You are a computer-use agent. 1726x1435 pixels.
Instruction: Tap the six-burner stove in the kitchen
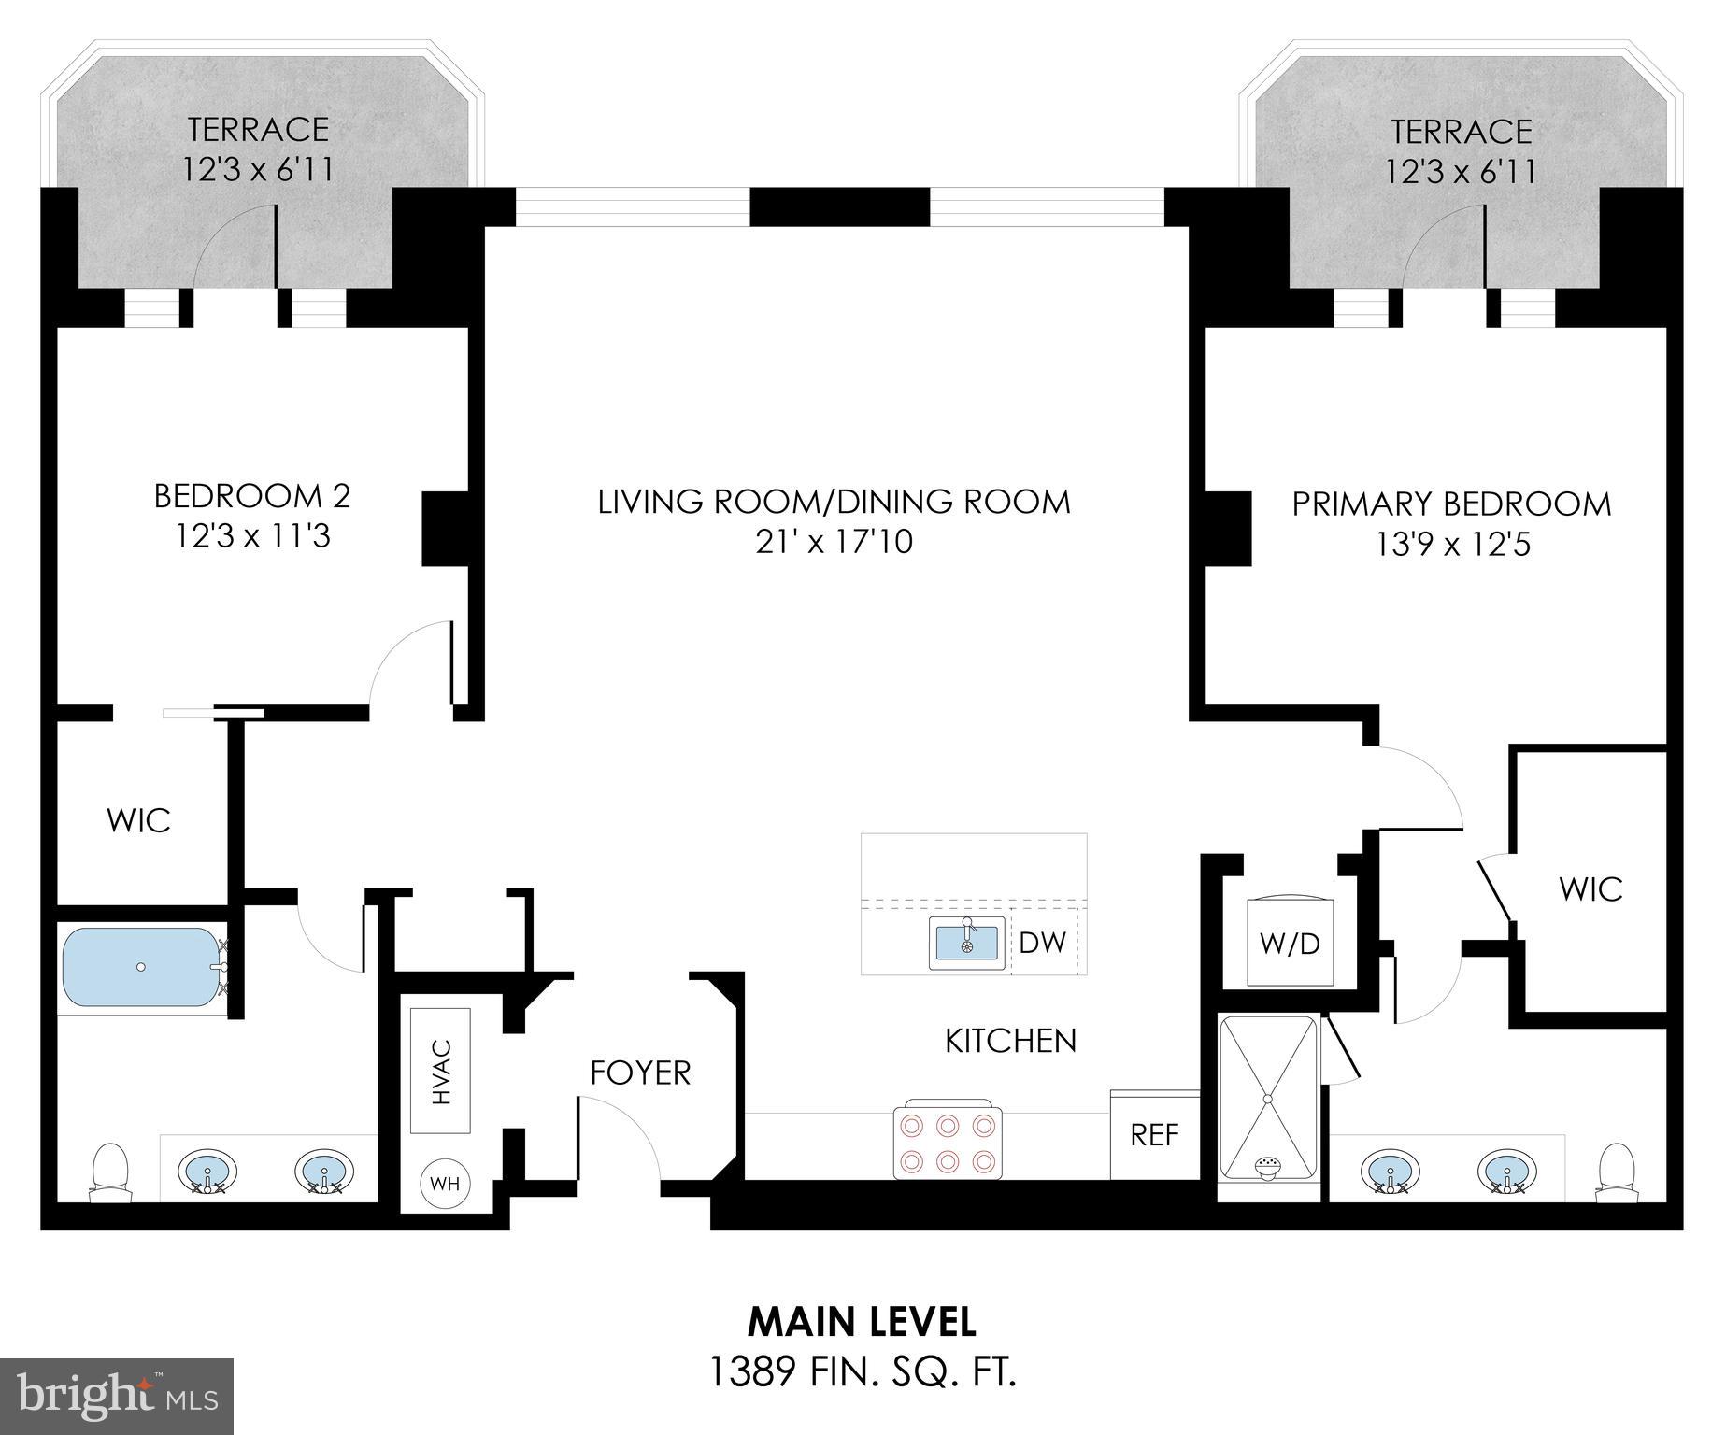click(x=948, y=1140)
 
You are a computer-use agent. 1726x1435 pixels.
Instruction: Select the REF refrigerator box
click(x=1154, y=1134)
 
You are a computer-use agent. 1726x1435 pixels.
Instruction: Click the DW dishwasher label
click(x=1042, y=943)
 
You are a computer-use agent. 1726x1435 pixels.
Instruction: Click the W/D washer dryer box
click(x=1290, y=943)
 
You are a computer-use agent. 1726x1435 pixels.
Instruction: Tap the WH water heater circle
click(x=445, y=1184)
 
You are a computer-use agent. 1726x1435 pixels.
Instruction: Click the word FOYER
click(x=640, y=1073)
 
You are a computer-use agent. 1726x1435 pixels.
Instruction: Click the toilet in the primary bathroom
click(x=1616, y=1172)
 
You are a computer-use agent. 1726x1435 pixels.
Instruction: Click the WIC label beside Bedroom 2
click(x=138, y=820)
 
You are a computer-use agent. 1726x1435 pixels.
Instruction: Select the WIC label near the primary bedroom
click(x=1590, y=888)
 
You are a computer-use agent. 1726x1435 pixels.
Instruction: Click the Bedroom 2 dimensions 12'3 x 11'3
click(x=252, y=537)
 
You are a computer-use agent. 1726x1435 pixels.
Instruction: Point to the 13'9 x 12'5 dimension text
click(x=1452, y=544)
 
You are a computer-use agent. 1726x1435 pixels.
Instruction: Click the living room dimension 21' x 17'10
click(x=834, y=541)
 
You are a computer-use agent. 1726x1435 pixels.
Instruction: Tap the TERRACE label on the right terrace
click(x=1462, y=132)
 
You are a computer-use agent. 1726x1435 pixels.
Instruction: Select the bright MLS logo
click(x=117, y=1397)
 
